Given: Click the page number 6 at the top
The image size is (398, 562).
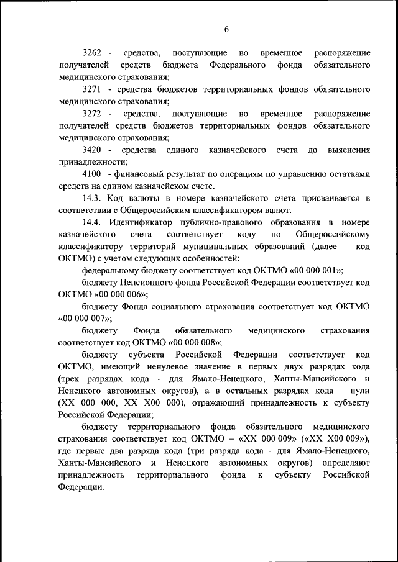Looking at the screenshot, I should pyautogui.click(x=227, y=29).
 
